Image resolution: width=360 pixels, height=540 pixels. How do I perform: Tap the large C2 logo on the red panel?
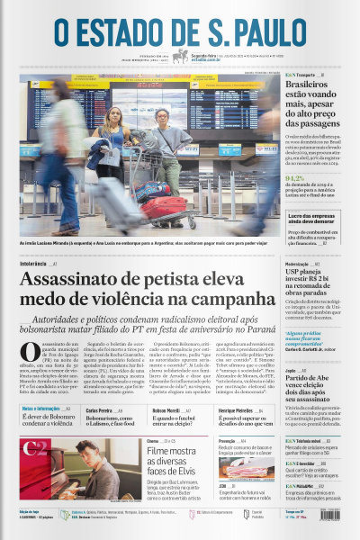[x=36, y=448]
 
